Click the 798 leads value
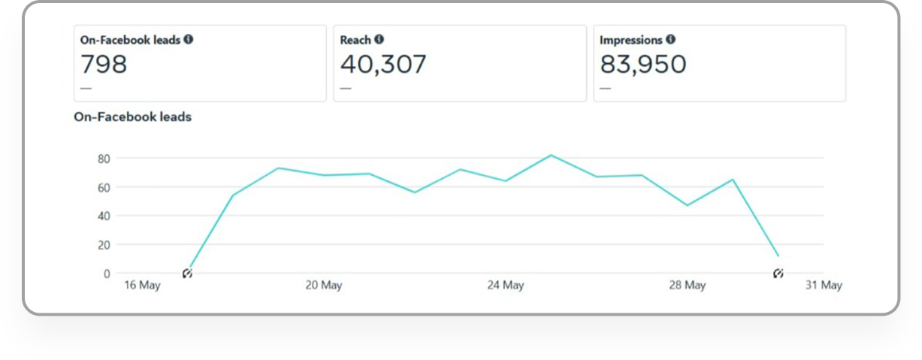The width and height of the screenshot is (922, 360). coord(104,65)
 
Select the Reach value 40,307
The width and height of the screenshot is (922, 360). coord(383,65)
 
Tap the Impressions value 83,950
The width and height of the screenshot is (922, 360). coord(643,65)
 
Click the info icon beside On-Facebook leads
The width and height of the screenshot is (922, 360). coord(189,40)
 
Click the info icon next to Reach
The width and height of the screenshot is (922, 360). coord(379,40)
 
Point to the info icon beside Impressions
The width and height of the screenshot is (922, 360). coord(670,40)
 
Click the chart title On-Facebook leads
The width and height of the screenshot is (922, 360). coord(132,117)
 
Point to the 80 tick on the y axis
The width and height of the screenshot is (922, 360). coord(104,159)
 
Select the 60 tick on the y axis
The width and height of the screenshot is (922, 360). coord(104,187)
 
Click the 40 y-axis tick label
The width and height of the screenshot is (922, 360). coord(104,216)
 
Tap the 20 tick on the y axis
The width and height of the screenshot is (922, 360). coord(104,245)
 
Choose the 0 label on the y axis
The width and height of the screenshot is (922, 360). coord(107,274)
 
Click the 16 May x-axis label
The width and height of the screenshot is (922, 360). coord(142,286)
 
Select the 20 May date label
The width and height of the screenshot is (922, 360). coord(324,286)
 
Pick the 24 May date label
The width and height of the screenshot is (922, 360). coord(505,286)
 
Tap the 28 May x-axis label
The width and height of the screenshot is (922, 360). coord(687,286)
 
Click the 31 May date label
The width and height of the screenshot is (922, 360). coord(824,286)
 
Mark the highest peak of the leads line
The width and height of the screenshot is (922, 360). coord(551,156)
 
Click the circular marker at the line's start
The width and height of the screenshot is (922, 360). coord(187,274)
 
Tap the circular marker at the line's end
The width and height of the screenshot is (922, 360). coord(778,274)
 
